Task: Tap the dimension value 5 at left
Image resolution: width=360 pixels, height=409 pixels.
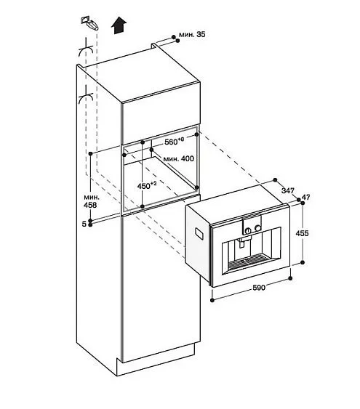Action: [84, 224]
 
